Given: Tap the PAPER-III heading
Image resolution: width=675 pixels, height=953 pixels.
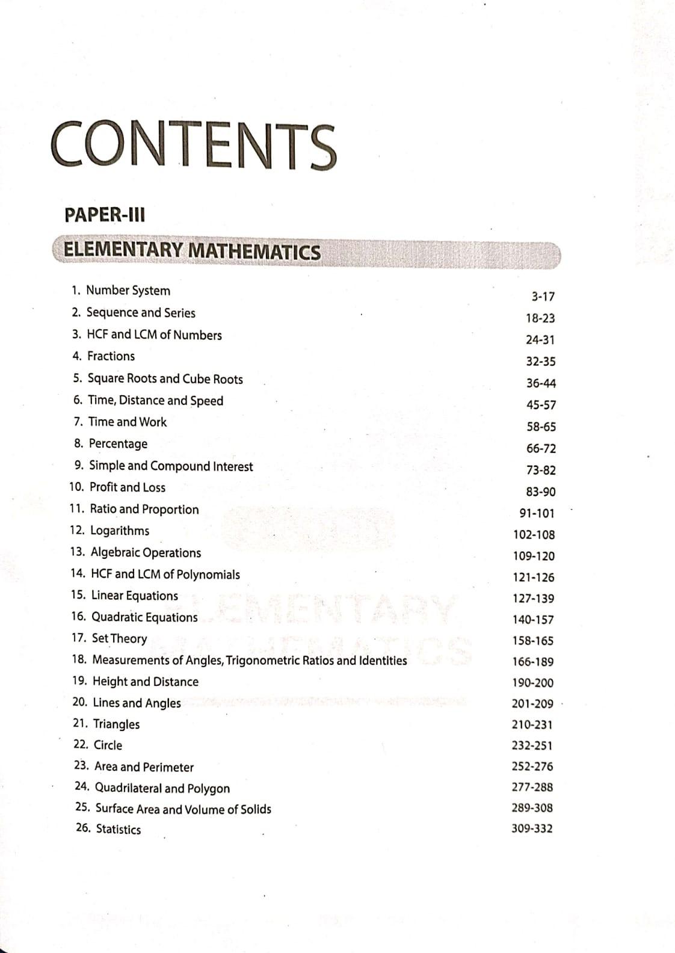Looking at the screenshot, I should (x=105, y=215).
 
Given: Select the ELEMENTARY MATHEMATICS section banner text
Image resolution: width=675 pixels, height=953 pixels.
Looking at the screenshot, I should (x=192, y=251).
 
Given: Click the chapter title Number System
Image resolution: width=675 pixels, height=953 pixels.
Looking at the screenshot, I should (x=128, y=291).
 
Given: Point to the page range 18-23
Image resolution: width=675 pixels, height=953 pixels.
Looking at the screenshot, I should (x=540, y=318).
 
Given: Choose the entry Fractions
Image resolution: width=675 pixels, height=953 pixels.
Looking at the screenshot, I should (x=111, y=356).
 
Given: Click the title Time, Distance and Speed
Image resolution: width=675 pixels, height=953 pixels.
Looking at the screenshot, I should (x=155, y=401).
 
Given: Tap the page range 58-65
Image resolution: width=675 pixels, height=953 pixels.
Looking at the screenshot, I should (x=541, y=427).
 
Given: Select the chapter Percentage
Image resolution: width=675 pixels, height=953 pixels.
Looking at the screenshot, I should (x=118, y=444).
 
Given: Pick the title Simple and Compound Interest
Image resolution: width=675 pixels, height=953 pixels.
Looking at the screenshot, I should (x=171, y=466).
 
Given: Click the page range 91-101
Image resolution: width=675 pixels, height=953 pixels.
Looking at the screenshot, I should (x=537, y=513).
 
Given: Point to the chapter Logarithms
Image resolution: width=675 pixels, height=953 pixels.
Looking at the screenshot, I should (x=119, y=531).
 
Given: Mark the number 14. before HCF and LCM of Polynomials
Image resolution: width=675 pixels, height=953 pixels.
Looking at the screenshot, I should (x=78, y=574).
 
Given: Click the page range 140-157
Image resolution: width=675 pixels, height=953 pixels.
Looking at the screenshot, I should (x=533, y=620).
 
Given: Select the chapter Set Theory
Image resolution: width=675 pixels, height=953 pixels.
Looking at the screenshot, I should (x=119, y=638).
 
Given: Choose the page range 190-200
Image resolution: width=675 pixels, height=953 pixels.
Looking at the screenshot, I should (x=532, y=683).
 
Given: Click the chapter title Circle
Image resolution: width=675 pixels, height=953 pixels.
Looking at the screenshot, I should (x=108, y=745).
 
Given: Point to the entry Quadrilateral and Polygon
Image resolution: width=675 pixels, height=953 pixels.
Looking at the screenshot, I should (x=162, y=788).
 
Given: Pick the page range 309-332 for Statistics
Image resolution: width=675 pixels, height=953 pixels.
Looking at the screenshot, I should (x=532, y=828).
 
